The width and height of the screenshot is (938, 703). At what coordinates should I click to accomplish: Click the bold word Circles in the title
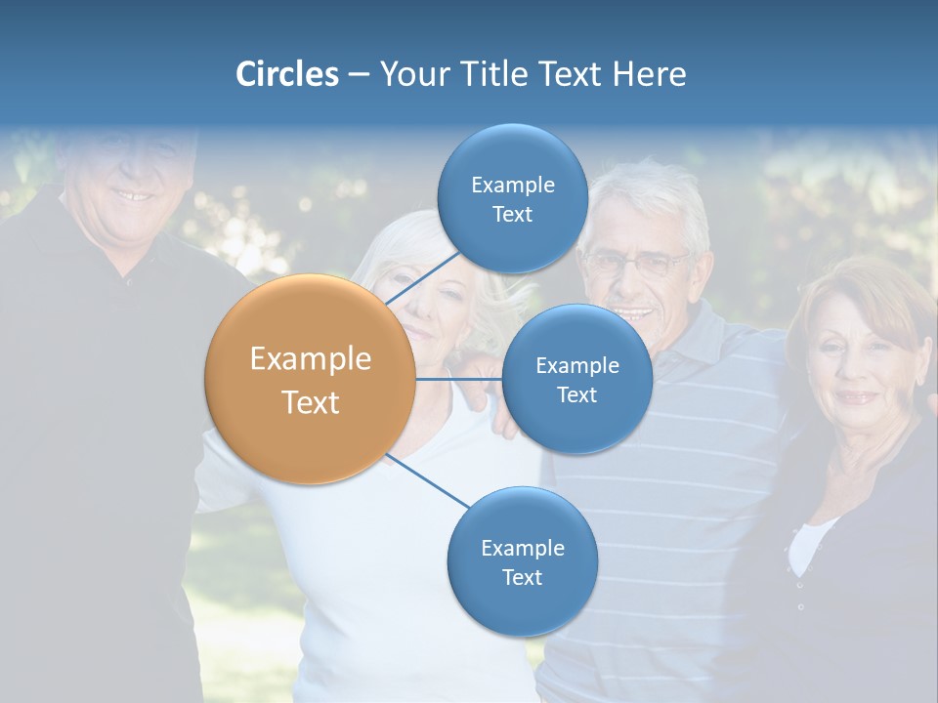pos(286,74)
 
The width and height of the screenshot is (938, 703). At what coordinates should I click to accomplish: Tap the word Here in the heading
pos(649,74)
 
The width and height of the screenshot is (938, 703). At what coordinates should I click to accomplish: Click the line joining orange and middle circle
pos(458,379)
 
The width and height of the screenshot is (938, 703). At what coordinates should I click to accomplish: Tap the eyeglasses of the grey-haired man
pos(637,264)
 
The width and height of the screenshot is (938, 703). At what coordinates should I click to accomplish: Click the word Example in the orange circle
pos(311,359)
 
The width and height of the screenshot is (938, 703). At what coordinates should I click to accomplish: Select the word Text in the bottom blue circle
pos(522,577)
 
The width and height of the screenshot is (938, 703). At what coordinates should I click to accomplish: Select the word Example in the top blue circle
pos(512,186)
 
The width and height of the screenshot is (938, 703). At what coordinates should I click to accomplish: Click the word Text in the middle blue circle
pos(576,394)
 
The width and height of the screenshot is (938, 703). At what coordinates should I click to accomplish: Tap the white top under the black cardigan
pos(808,547)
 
